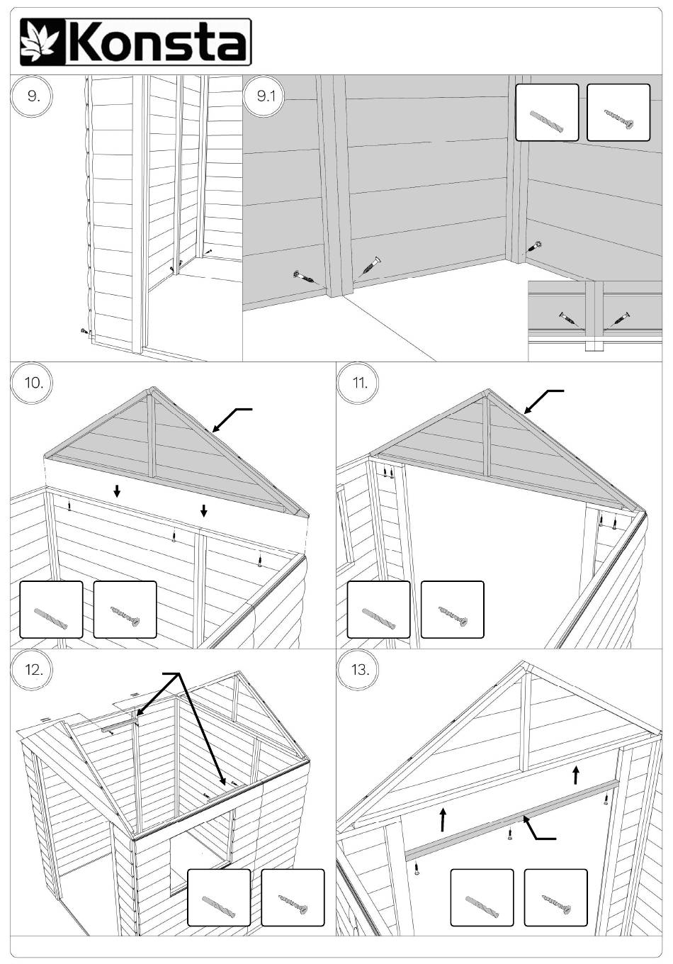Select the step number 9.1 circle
click(x=266, y=96)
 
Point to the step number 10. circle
click(x=33, y=383)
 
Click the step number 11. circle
click(x=360, y=383)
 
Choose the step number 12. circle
click(x=33, y=670)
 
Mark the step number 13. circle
click(x=360, y=670)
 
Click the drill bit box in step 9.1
click(x=547, y=113)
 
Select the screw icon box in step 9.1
click(x=618, y=113)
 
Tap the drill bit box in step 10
click(x=51, y=610)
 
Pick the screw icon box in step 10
click(x=125, y=610)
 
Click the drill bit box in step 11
click(x=378, y=610)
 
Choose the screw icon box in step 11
click(x=452, y=610)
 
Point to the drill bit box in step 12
click(x=219, y=897)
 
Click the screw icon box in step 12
click(x=293, y=897)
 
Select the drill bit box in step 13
click(x=482, y=897)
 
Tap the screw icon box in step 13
click(x=555, y=897)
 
